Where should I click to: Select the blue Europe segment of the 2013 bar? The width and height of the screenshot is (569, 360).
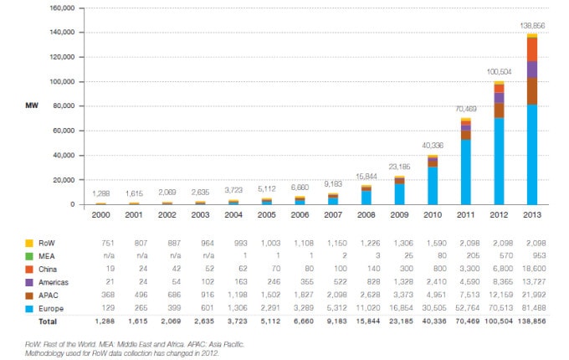(x=532, y=155)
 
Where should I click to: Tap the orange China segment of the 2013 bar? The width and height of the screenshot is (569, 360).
(x=532, y=49)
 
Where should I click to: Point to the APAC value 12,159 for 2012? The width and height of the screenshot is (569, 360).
(x=499, y=295)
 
